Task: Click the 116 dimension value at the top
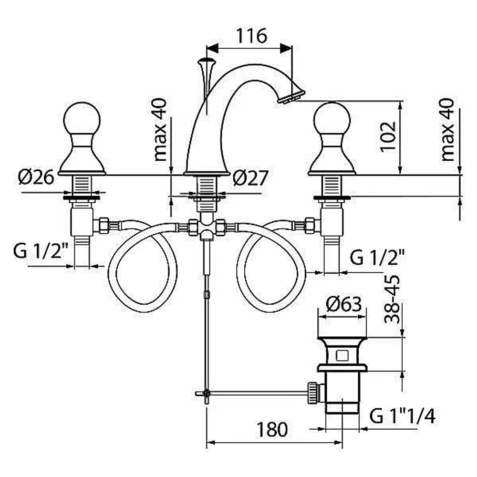(251, 36)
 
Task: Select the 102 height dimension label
(388, 136)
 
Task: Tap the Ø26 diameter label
(36, 177)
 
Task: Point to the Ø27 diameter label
(250, 177)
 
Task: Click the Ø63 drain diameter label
(344, 304)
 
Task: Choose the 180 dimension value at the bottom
(272, 430)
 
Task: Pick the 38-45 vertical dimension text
(392, 299)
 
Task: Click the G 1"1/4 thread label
(402, 415)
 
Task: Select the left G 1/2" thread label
(41, 251)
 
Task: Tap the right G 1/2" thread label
(377, 258)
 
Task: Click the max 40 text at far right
(447, 129)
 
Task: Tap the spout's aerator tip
(291, 96)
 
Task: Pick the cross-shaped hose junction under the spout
(207, 228)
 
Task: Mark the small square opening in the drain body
(342, 355)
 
